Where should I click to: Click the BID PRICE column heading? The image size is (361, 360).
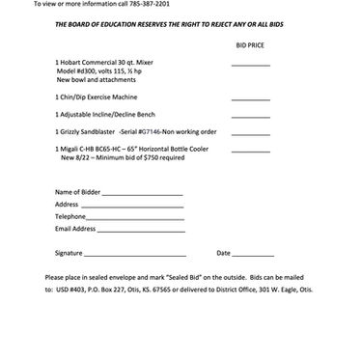249,45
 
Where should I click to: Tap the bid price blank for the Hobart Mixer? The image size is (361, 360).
250,66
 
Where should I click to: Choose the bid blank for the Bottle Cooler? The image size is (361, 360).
250,148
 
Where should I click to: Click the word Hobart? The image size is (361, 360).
72,63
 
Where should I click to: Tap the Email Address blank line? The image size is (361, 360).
140,230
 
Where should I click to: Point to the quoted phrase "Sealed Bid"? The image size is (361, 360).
183,277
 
